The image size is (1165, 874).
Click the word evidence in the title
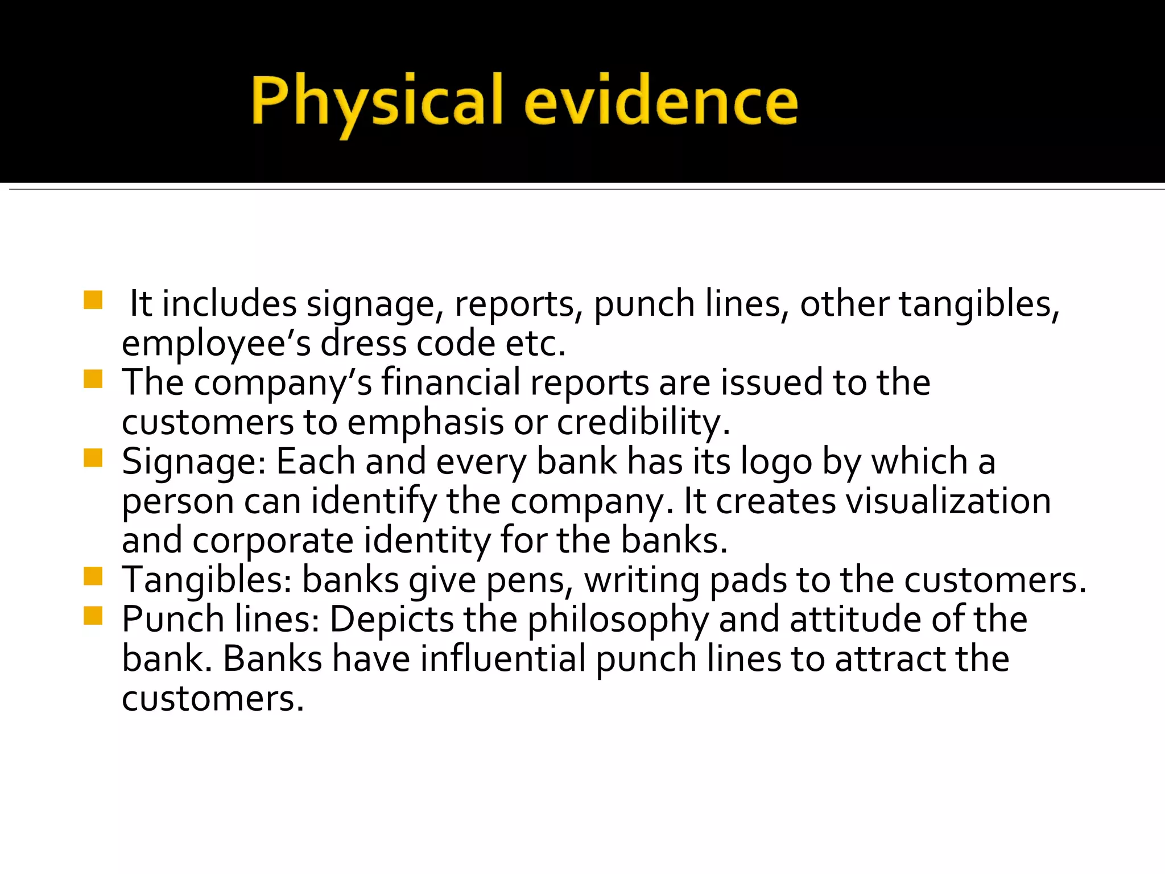click(661, 101)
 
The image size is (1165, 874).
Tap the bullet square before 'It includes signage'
click(93, 300)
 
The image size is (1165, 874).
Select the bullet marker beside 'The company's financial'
click(93, 379)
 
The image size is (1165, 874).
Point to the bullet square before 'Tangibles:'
click(93, 576)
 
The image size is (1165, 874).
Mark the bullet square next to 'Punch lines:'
click(93, 616)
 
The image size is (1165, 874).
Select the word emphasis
click(425, 423)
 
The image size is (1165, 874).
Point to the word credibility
click(643, 423)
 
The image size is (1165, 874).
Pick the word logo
click(776, 462)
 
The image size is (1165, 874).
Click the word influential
click(503, 659)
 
